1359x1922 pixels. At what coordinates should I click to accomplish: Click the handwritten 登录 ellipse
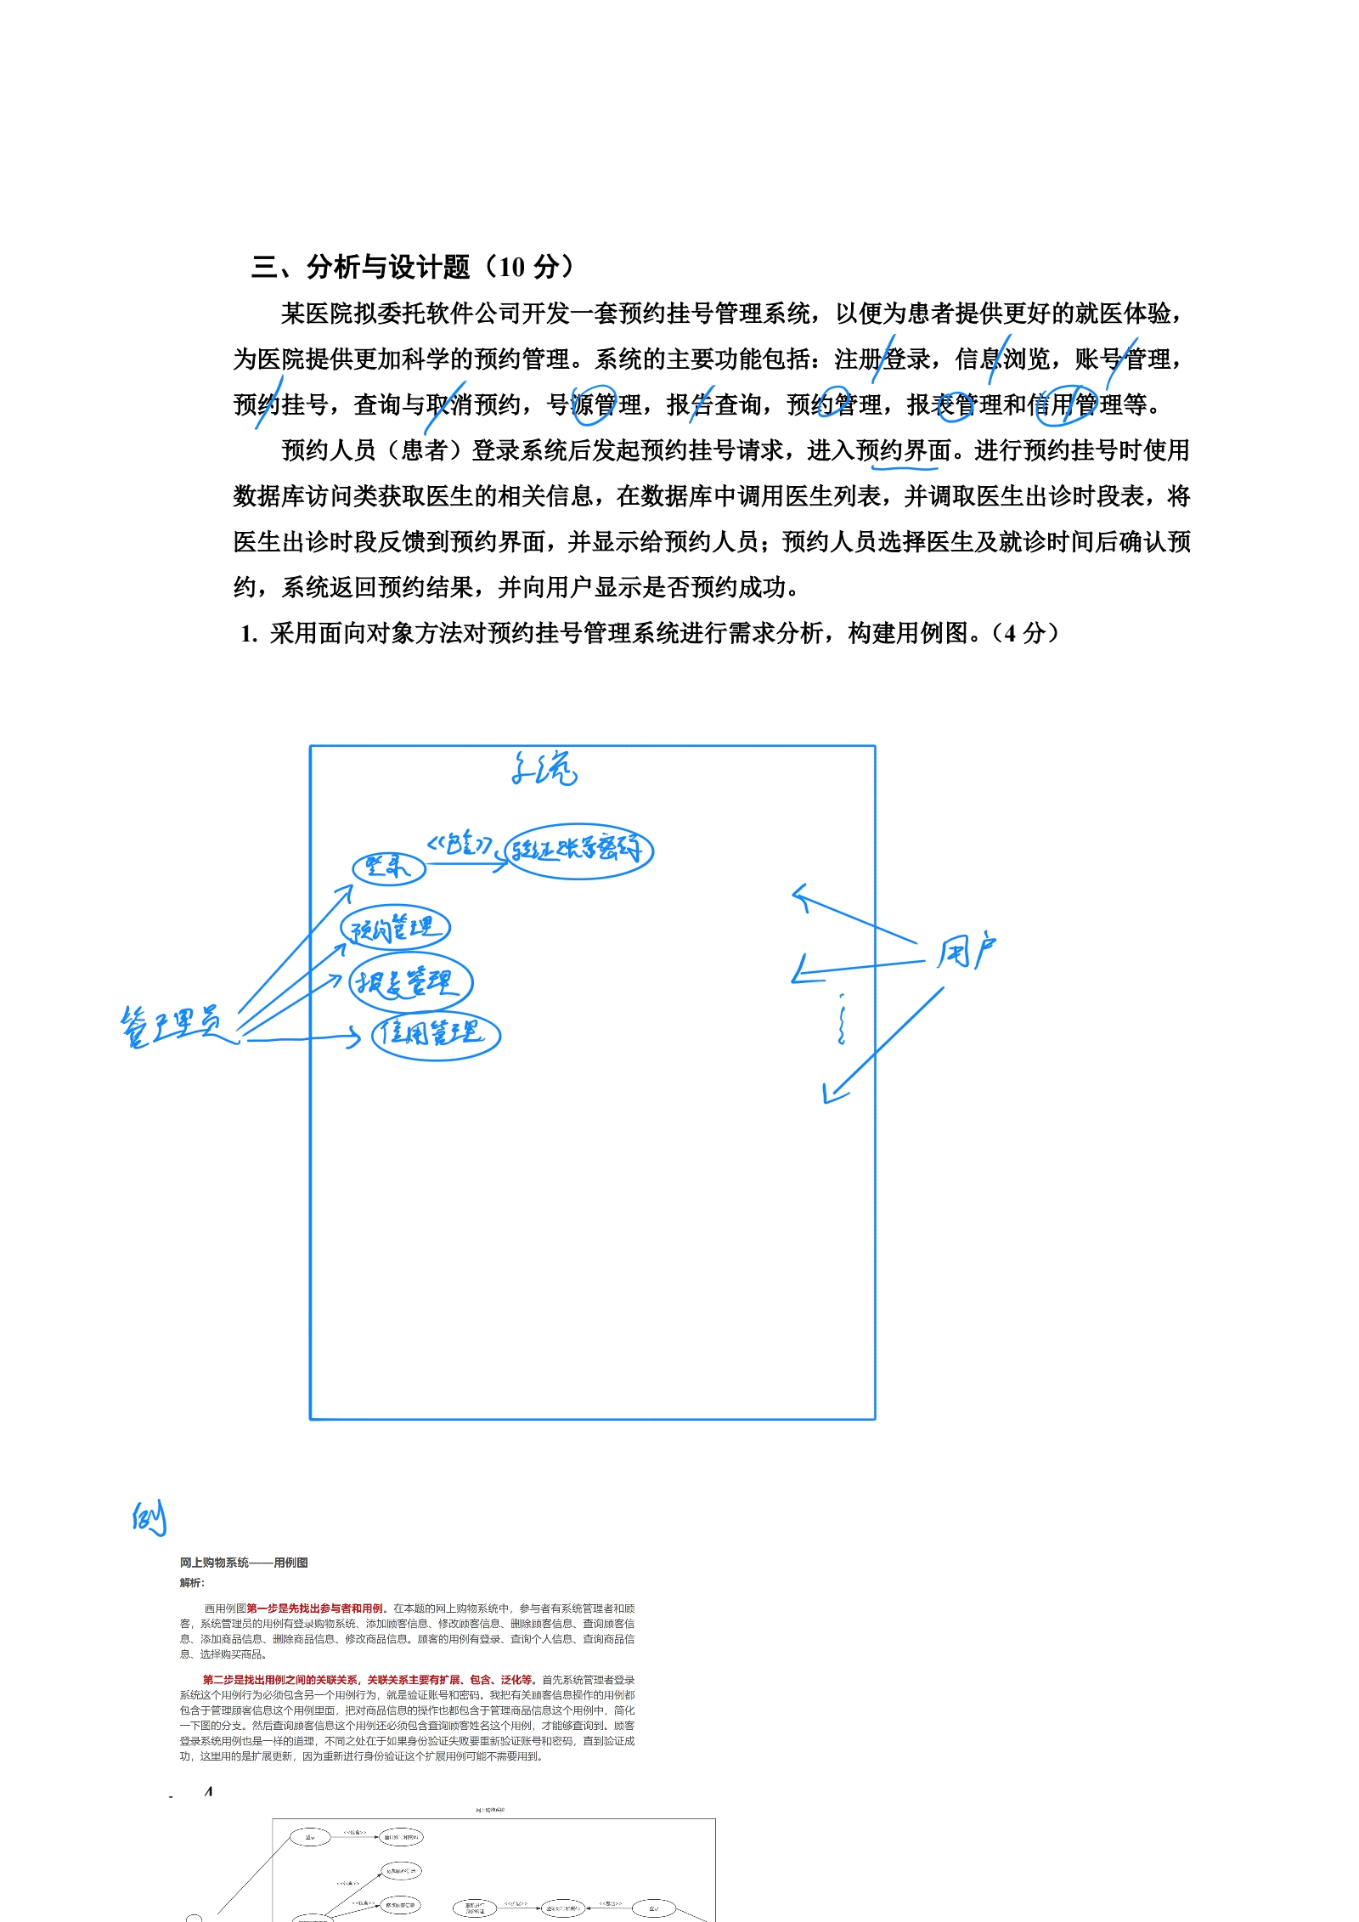388,868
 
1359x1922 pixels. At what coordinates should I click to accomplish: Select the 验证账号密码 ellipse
578,851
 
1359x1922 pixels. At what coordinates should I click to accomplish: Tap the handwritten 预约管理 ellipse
395,928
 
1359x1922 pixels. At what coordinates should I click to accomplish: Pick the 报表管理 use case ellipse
410,983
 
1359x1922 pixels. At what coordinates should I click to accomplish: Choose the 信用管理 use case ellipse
436,1034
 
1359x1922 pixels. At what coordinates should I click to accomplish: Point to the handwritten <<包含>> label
460,844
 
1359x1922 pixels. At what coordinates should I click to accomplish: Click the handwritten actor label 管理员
175,1026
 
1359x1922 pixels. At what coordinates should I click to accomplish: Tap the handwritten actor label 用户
966,952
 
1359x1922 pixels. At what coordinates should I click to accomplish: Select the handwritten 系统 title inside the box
544,769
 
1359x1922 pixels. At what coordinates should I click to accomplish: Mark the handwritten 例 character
149,1518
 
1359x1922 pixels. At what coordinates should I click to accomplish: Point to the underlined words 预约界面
903,450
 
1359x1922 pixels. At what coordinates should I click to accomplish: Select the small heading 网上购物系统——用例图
244,1563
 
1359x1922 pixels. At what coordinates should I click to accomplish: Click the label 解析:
192,1582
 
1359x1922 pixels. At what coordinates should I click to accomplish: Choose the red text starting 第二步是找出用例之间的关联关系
369,1679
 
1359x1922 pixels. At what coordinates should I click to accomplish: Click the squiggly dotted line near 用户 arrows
841,1020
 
